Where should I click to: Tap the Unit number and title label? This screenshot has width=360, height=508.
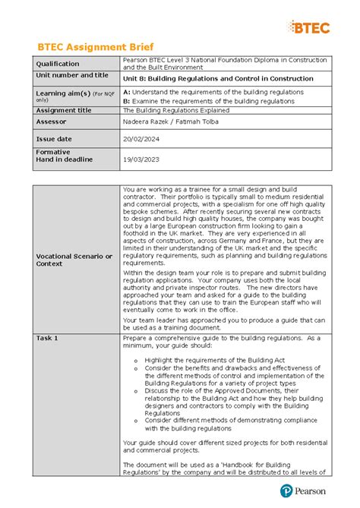coord(72,76)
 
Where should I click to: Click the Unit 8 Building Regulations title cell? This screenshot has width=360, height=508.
coord(207,78)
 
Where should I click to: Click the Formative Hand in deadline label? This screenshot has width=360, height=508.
coord(64,156)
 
